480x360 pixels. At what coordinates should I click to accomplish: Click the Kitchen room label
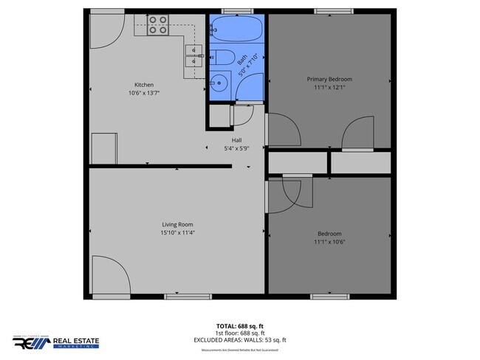pos(143,85)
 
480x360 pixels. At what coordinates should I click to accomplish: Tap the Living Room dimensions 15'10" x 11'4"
pos(178,233)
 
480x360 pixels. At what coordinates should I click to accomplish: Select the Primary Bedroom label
pos(329,79)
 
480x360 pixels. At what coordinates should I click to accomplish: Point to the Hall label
pos(237,140)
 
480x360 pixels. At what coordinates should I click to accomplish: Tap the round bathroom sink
pos(219,81)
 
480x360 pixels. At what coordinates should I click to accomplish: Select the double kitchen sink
pos(194,56)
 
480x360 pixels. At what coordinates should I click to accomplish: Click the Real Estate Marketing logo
pos(55,342)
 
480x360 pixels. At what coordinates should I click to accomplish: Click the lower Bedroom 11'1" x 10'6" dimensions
pos(329,242)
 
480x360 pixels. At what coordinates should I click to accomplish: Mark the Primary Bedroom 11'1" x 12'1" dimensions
pos(329,88)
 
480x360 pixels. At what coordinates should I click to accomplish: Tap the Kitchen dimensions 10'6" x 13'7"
pos(143,94)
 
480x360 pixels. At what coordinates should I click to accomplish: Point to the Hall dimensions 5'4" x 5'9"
pos(237,148)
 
